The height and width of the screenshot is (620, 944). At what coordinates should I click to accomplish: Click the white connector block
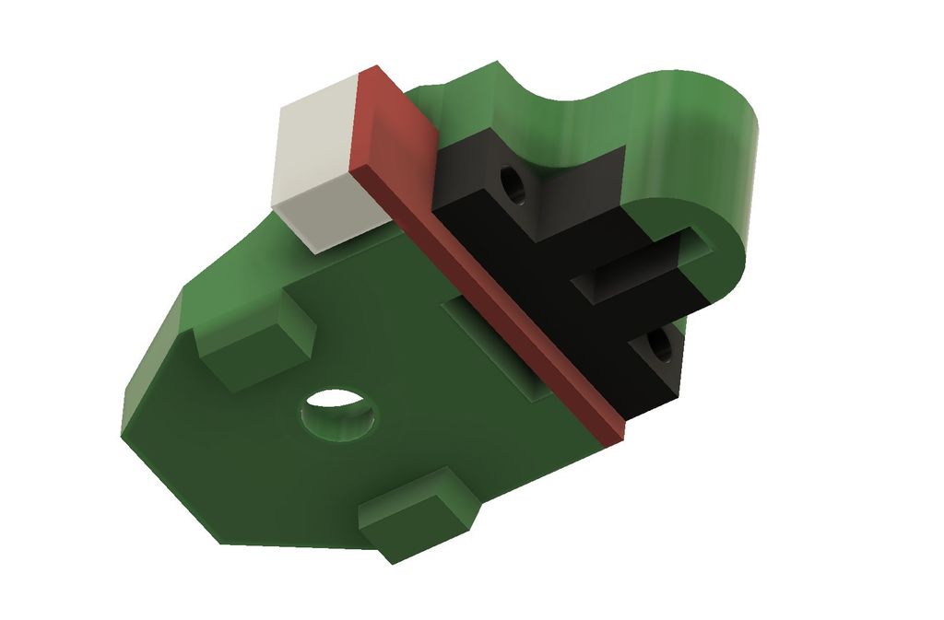pos(318,166)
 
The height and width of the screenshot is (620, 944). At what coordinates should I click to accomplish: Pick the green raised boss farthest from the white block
pos(419,516)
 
